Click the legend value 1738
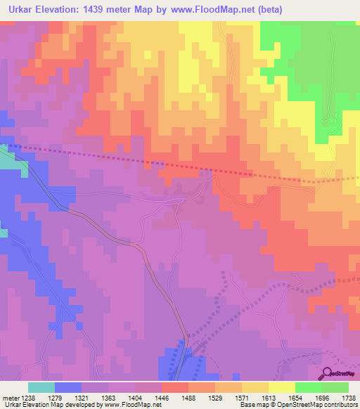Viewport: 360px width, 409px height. [349, 398]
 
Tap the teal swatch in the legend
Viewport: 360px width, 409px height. [41, 387]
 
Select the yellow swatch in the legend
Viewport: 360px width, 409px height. [281, 387]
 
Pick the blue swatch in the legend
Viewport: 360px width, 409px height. [68, 387]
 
